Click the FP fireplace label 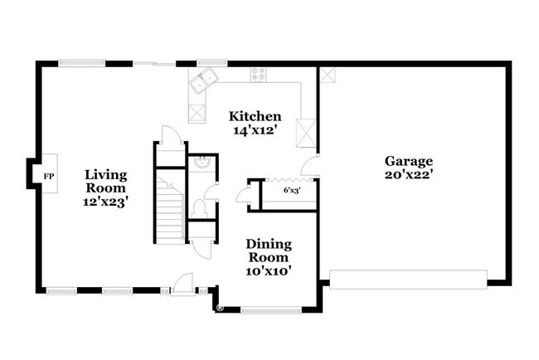tap(49, 176)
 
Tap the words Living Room tap(106, 181)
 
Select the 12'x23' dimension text tap(106, 200)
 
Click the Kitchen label tap(255, 116)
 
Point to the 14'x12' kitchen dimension tap(255, 129)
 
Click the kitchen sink tap(202, 80)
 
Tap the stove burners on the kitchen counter tap(259, 75)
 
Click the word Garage tap(408, 160)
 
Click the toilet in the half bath tap(199, 207)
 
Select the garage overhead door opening tap(408, 280)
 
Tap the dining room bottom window tap(270, 310)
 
